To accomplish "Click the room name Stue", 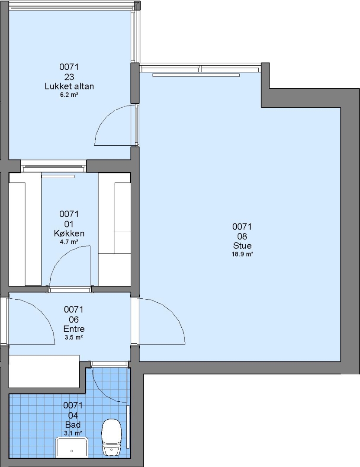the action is pos(242,246).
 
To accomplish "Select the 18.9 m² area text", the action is pos(242,254).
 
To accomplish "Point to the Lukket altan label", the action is pos(69,86).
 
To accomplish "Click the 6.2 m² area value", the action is pos(69,95).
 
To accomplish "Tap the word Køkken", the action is pos(69,233).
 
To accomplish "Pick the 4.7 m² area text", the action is pos(69,242).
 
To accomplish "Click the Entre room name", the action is pos(74,329).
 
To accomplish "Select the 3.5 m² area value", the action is pos(74,337).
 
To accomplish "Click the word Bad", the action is pos(73,425).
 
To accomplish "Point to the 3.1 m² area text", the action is pos(73,433).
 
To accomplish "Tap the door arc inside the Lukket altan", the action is pos(107,116).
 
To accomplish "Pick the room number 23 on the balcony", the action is pos(69,77).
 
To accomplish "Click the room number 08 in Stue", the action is pos(242,236).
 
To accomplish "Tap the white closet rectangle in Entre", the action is pos(44,371).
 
